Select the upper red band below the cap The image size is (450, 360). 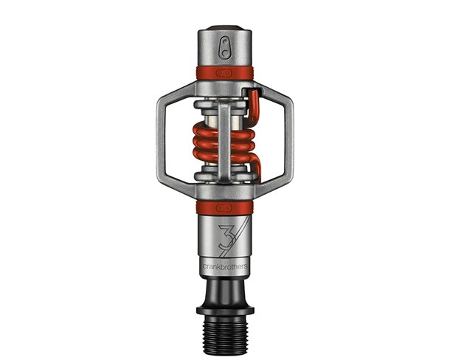(x=224, y=73)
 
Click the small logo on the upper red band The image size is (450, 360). (x=224, y=73)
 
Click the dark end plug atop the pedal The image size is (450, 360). (x=224, y=29)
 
